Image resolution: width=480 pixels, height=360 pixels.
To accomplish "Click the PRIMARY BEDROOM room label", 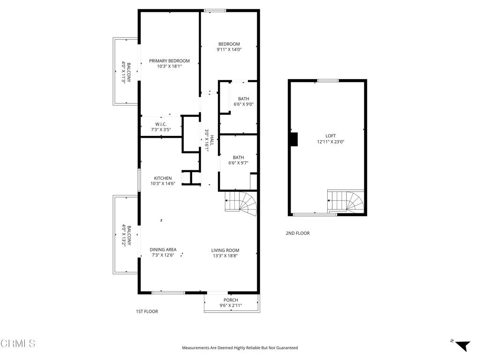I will pyautogui.click(x=169, y=61).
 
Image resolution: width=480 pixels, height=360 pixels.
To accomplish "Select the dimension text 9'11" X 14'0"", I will pyautogui.click(x=229, y=50).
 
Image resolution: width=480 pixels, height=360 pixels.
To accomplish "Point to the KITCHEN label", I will pyautogui.click(x=163, y=178).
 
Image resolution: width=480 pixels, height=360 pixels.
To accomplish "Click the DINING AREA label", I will pyautogui.click(x=163, y=249).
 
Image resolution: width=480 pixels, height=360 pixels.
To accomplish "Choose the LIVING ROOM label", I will pyautogui.click(x=225, y=250).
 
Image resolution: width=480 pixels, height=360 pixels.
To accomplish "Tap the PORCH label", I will pyautogui.click(x=231, y=300).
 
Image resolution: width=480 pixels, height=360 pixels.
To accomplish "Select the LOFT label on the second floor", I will pyautogui.click(x=331, y=135).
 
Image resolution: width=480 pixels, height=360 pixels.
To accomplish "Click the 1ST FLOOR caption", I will pyautogui.click(x=147, y=311).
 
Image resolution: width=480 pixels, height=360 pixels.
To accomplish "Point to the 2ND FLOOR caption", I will pyautogui.click(x=298, y=233).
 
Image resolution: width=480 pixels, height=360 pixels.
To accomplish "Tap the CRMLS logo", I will pyautogui.click(x=18, y=344).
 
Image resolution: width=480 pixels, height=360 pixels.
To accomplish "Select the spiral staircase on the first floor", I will pyautogui.click(x=241, y=204).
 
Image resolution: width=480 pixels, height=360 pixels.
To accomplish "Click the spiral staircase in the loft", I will pyautogui.click(x=346, y=202).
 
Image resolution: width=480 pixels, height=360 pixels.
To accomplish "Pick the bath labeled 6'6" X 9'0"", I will pyautogui.click(x=243, y=104).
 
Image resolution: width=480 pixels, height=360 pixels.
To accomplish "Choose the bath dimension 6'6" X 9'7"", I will pyautogui.click(x=238, y=163).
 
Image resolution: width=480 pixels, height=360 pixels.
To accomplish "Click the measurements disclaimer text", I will pyautogui.click(x=240, y=348).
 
